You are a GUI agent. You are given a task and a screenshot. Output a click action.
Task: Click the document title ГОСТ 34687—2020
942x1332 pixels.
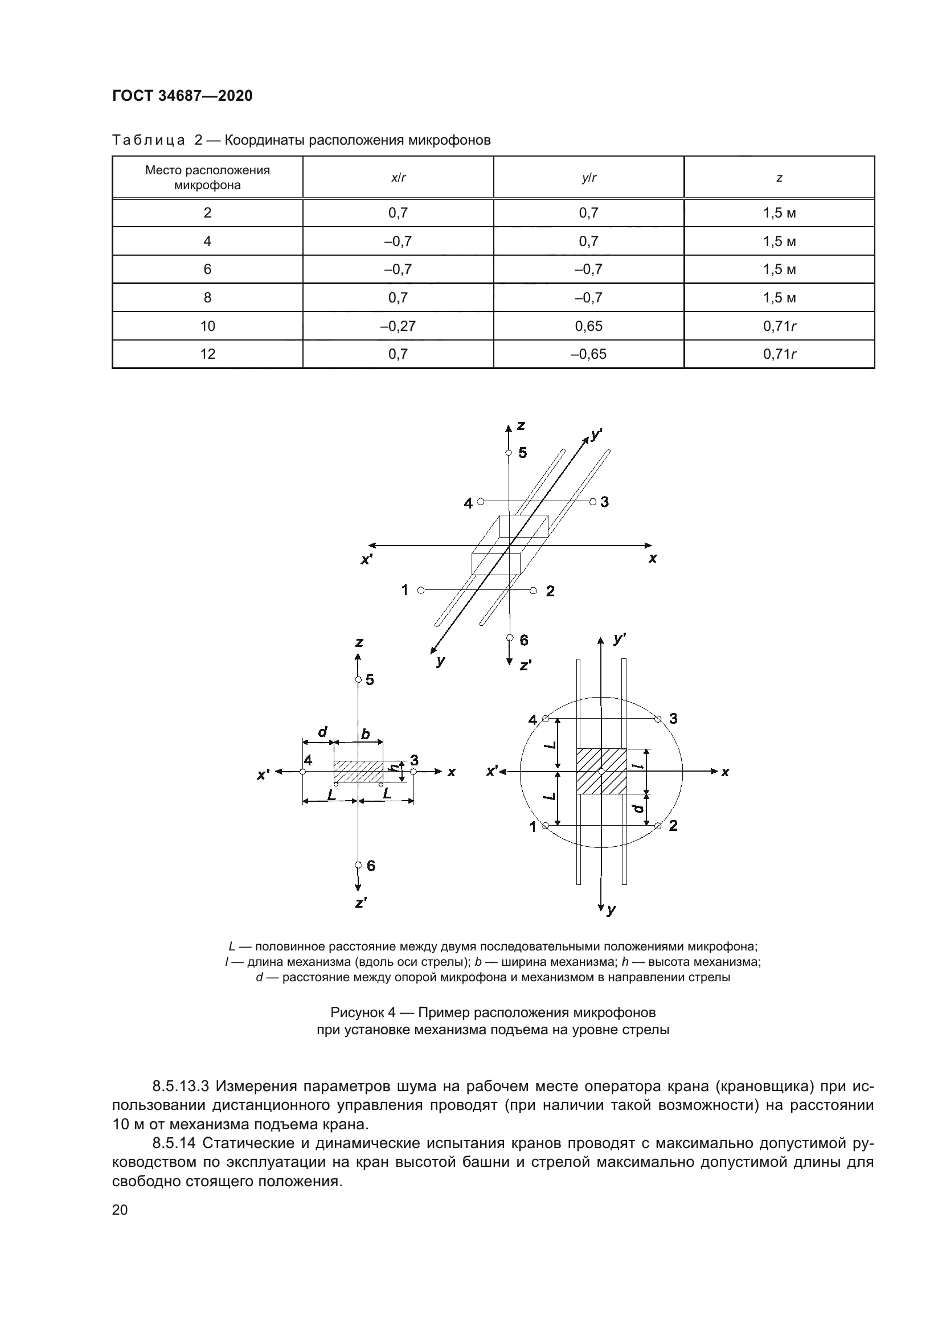(x=182, y=96)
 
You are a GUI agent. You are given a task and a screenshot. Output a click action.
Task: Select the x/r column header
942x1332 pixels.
(x=398, y=178)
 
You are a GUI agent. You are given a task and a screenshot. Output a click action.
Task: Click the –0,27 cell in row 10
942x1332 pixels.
(x=398, y=326)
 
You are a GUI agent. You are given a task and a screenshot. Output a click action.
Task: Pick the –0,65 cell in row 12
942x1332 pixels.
(x=588, y=354)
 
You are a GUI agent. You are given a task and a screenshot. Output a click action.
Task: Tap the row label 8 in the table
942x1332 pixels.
(x=207, y=298)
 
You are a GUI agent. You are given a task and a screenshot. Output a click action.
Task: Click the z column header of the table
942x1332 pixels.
(x=779, y=178)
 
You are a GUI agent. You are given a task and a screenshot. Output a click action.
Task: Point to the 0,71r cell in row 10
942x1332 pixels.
(x=779, y=326)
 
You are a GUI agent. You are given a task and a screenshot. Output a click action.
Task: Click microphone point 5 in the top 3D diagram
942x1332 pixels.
(x=508, y=453)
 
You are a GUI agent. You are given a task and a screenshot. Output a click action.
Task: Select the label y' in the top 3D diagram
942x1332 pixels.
(x=596, y=434)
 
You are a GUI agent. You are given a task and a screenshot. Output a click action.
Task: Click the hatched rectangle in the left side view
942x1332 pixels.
(x=358, y=772)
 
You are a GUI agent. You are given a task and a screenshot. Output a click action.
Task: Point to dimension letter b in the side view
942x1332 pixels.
(x=366, y=735)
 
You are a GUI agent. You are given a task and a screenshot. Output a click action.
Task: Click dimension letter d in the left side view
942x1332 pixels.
(x=323, y=732)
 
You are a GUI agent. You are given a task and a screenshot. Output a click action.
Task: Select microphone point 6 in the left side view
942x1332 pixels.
(x=358, y=865)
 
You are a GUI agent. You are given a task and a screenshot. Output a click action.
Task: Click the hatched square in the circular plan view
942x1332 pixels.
(x=601, y=772)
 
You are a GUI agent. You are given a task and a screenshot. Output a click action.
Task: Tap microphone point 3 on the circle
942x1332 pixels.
(x=657, y=719)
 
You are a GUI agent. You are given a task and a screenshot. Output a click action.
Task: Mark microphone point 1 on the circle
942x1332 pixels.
(x=545, y=826)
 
